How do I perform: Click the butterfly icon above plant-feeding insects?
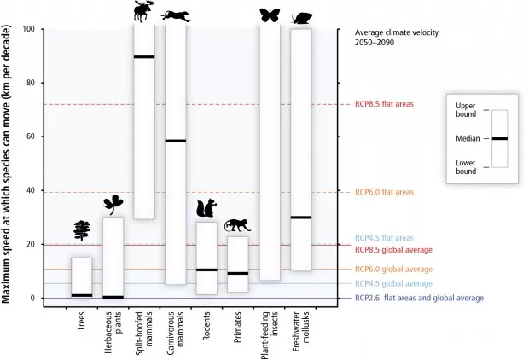pos(270,15)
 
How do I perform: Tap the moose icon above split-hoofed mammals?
pos(143,11)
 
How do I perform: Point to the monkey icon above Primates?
pos(237,225)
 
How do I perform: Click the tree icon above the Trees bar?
pos(82,229)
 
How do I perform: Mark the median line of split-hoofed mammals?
pos(144,57)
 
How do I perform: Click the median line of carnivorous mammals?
pos(176,141)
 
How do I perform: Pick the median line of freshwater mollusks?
pos(300,218)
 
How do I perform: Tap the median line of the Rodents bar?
pos(207,270)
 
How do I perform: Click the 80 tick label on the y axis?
pos(29,83)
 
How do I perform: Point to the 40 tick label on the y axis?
pos(29,190)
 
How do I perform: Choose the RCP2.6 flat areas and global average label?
pos(418,298)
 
